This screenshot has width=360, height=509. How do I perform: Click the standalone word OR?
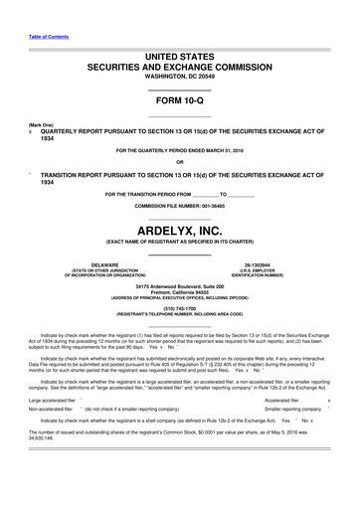[179, 162]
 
